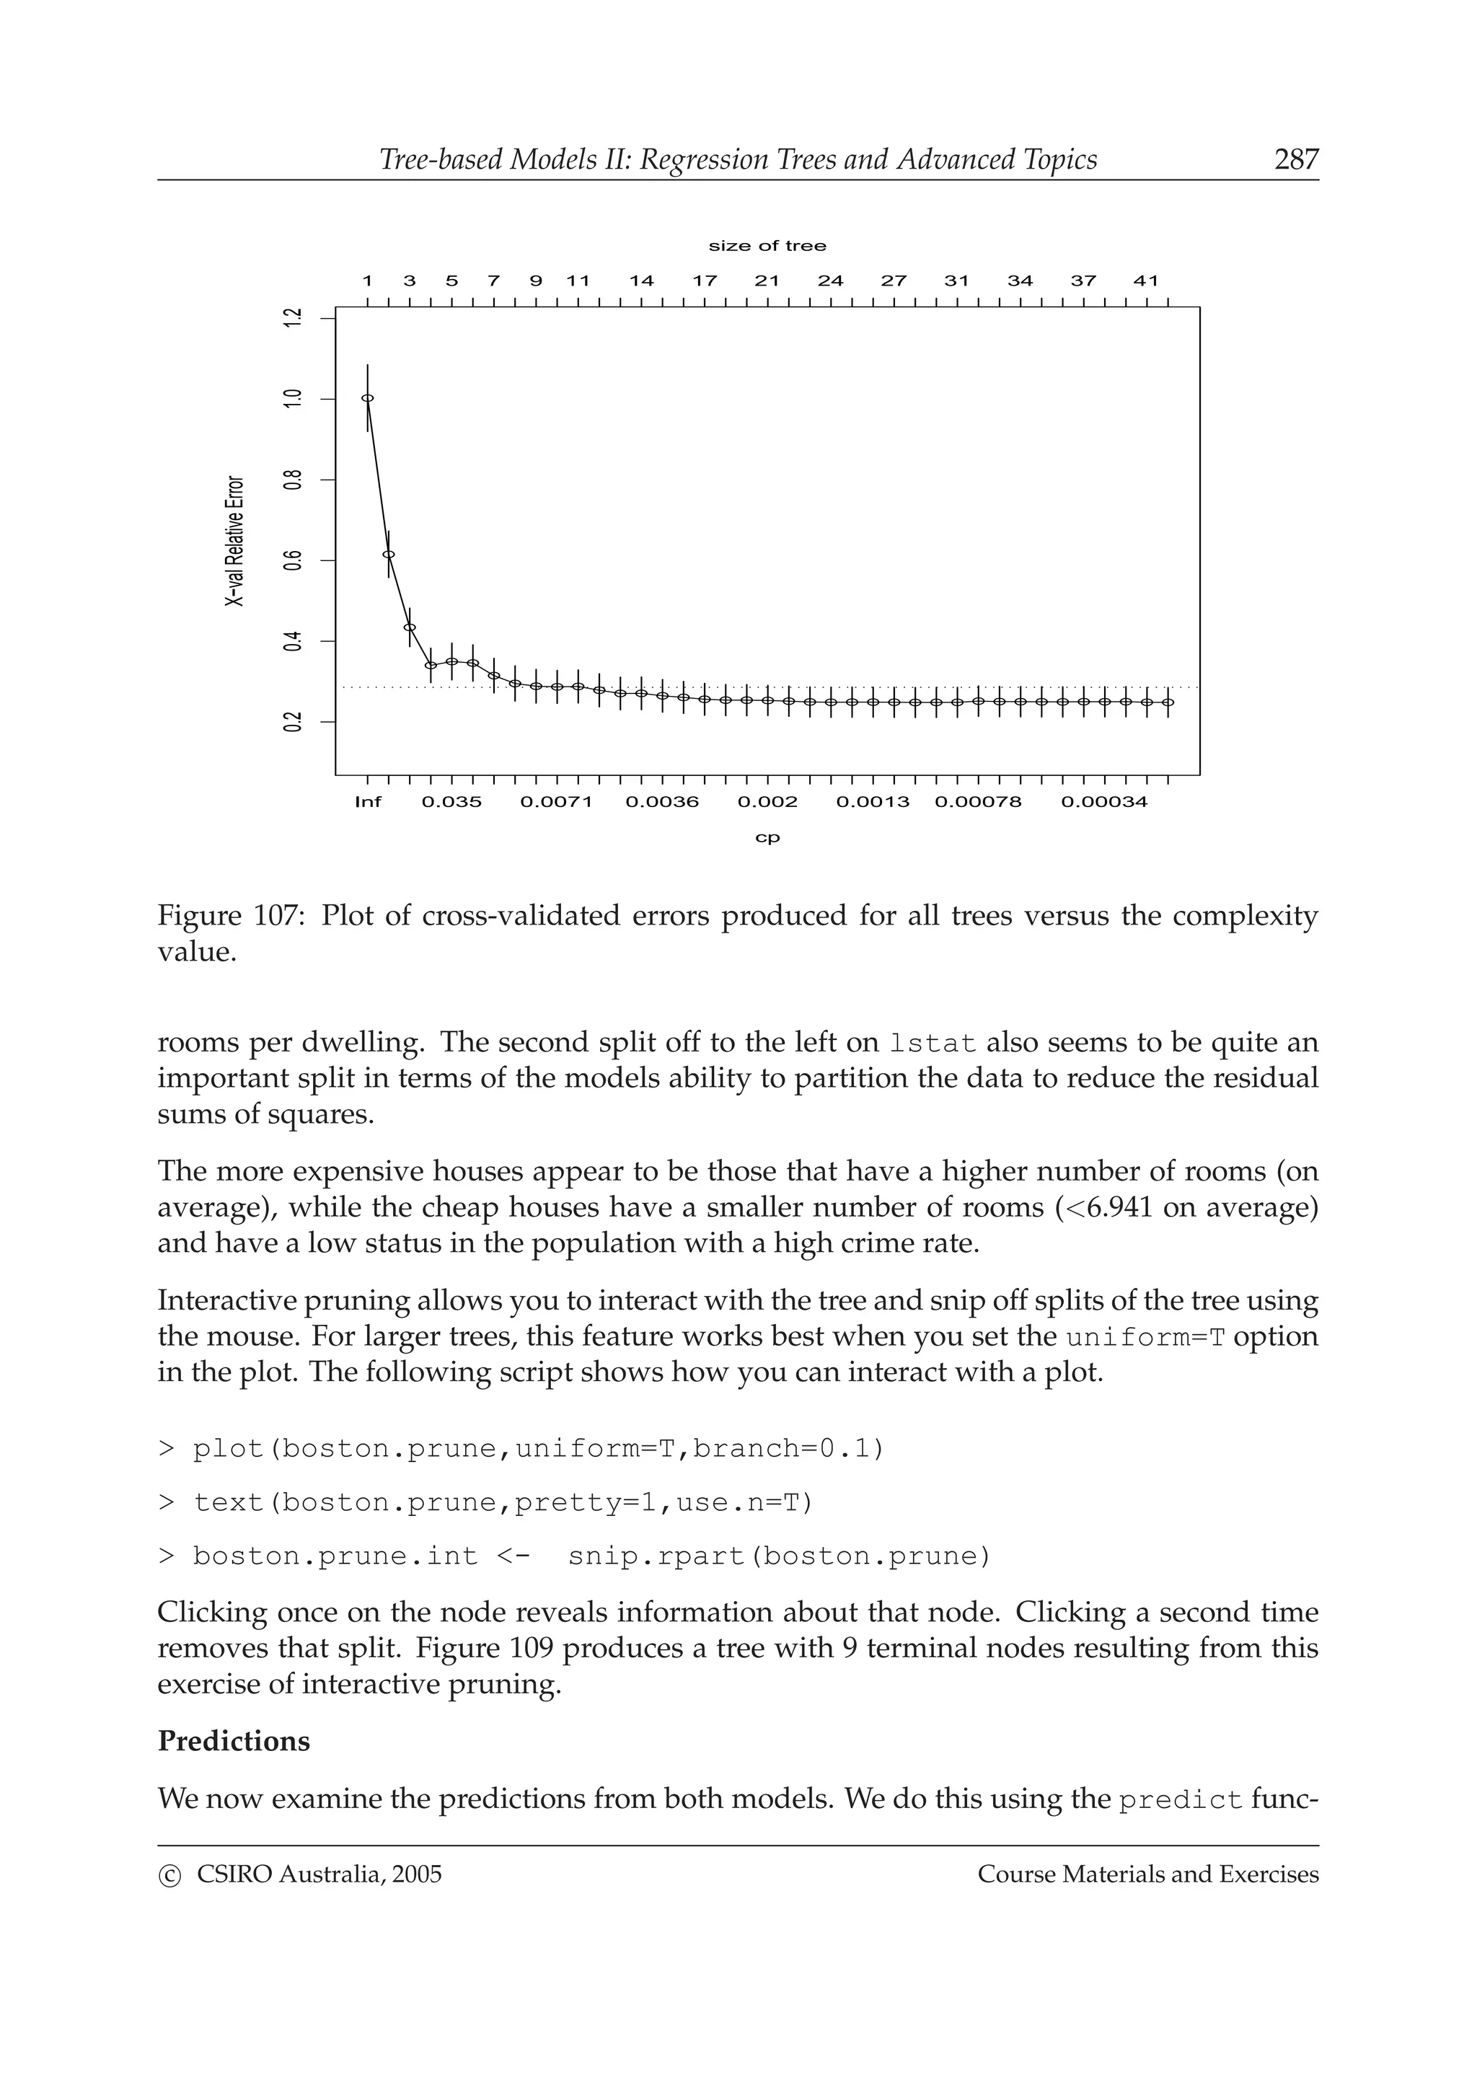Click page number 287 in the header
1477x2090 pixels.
(1296, 159)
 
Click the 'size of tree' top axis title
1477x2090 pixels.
(767, 246)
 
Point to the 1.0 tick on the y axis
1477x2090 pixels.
(292, 399)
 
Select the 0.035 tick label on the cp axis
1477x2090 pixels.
(451, 802)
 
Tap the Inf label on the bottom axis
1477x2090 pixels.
(368, 802)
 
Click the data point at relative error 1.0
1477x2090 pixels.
(368, 398)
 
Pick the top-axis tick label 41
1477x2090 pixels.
(1146, 281)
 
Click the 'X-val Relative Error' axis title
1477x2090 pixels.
(235, 541)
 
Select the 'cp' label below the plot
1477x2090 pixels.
(767, 837)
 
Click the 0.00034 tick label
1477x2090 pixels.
(1104, 802)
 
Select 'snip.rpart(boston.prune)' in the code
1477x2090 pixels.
(779, 1556)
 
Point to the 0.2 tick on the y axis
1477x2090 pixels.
(292, 722)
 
